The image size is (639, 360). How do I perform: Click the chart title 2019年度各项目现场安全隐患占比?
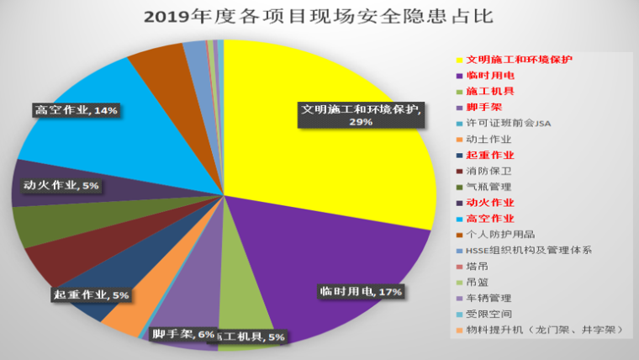click(x=319, y=16)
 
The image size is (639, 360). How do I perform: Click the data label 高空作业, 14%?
click(x=77, y=110)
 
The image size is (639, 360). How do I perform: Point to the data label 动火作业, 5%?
click(x=58, y=185)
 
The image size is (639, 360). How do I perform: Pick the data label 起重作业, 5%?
click(x=91, y=295)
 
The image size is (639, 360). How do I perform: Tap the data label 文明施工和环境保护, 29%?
click(x=362, y=115)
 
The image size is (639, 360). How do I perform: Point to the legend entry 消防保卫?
click(x=488, y=171)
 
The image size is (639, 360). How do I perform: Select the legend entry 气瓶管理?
click(x=488, y=187)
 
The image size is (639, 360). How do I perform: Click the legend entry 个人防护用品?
click(x=500, y=234)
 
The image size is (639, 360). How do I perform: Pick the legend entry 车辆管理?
click(x=488, y=298)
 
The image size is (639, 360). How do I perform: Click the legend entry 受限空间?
click(x=488, y=314)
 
